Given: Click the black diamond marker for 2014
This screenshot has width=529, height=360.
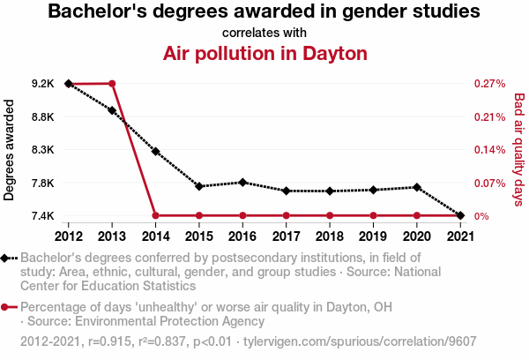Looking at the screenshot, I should (x=155, y=151).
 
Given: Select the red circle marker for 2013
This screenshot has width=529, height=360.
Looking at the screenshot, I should (x=112, y=83).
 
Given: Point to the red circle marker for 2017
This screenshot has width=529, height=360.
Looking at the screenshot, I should (x=286, y=215).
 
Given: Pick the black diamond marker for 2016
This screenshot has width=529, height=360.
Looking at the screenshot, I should (x=242, y=182).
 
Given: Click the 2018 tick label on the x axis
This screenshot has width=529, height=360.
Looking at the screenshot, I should (x=329, y=236).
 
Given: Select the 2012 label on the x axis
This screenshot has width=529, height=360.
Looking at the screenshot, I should (x=69, y=236).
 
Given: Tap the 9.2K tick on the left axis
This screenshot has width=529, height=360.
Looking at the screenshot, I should (x=41, y=84).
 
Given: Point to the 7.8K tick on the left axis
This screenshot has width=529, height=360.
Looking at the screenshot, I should (x=41, y=183).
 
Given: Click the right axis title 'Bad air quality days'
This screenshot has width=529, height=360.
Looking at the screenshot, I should (x=518, y=150).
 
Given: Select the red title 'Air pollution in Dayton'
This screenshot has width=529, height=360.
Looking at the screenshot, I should (x=264, y=53).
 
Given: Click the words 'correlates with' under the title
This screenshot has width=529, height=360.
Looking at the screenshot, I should (x=264, y=33).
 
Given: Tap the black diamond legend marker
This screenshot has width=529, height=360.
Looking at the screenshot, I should (x=7, y=259).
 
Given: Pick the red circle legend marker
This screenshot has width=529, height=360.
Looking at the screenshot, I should (x=7, y=307).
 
